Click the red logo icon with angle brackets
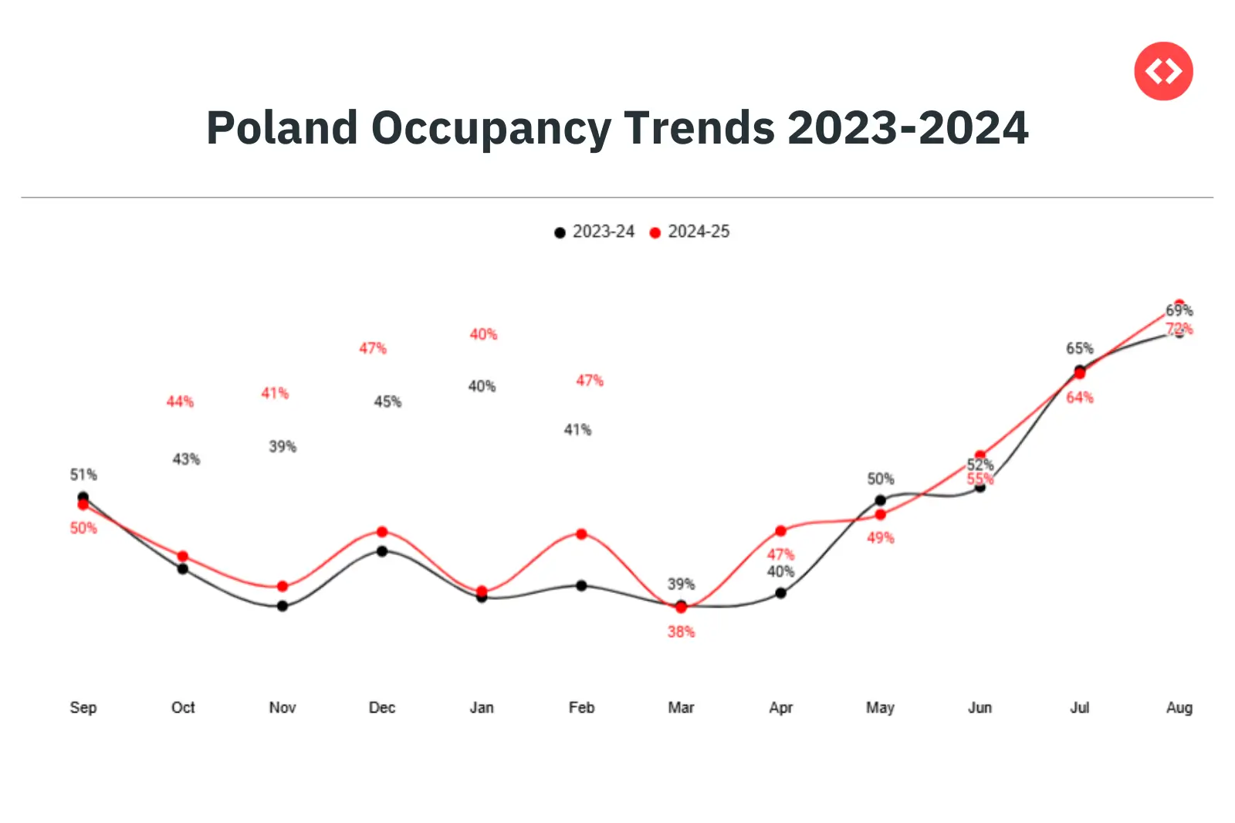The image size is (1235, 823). tap(1163, 71)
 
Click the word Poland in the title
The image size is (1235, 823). tap(282, 127)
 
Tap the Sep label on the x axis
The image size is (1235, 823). tap(83, 707)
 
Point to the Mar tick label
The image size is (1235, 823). tap(681, 707)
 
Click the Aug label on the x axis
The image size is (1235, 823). tap(1179, 707)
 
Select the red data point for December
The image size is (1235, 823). tap(382, 532)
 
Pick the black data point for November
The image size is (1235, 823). tap(283, 606)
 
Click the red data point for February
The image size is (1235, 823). tap(581, 534)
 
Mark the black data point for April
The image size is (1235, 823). tap(780, 593)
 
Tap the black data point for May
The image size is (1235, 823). tap(880, 500)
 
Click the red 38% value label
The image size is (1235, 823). tap(681, 632)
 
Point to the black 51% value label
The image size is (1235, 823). tap(83, 474)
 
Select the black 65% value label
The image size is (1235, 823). tap(1079, 348)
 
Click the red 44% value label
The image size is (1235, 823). tap(180, 401)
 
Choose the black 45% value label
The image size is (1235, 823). tap(387, 401)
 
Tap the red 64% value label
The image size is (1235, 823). tap(1079, 398)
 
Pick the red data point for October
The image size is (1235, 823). tap(183, 557)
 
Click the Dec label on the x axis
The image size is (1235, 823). tap(382, 707)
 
